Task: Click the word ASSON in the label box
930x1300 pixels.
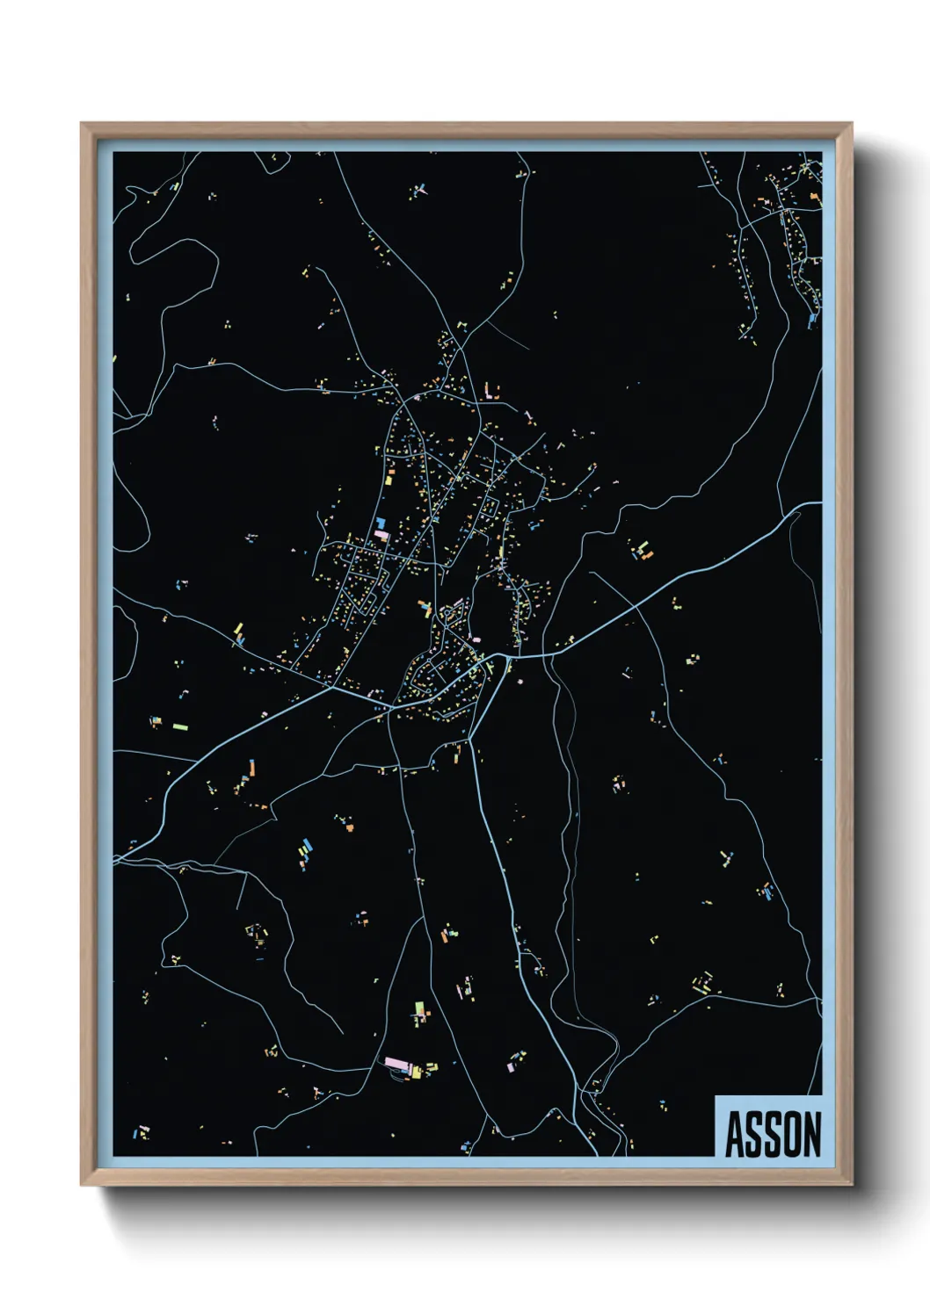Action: click(772, 1134)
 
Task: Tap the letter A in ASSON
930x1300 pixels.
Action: click(735, 1134)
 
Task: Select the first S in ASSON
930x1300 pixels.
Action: click(753, 1134)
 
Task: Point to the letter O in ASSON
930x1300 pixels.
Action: click(791, 1134)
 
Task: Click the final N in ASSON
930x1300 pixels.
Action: click(810, 1134)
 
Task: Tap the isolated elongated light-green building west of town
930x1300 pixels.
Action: click(180, 727)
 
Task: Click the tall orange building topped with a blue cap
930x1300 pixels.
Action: click(251, 769)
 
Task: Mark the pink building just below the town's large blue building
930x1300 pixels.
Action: click(381, 533)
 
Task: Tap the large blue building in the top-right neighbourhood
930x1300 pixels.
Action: click(810, 321)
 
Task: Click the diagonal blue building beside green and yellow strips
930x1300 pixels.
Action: click(305, 850)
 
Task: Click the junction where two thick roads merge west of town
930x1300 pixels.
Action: click(332, 688)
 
